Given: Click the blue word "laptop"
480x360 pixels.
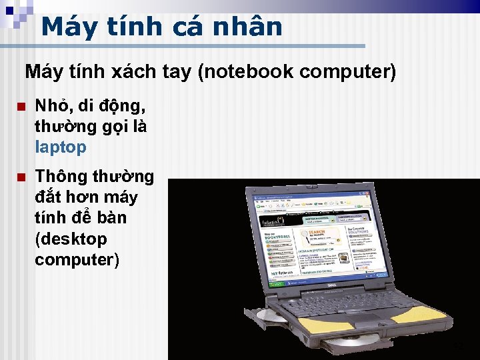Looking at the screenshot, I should click(x=61, y=147).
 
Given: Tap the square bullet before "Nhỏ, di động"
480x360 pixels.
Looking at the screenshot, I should click(x=21, y=107).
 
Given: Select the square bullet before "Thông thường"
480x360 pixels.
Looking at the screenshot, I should click(x=21, y=177).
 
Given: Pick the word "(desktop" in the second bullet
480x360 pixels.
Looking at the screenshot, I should click(x=71, y=239).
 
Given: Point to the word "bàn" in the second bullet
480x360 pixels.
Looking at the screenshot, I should click(x=107, y=218).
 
